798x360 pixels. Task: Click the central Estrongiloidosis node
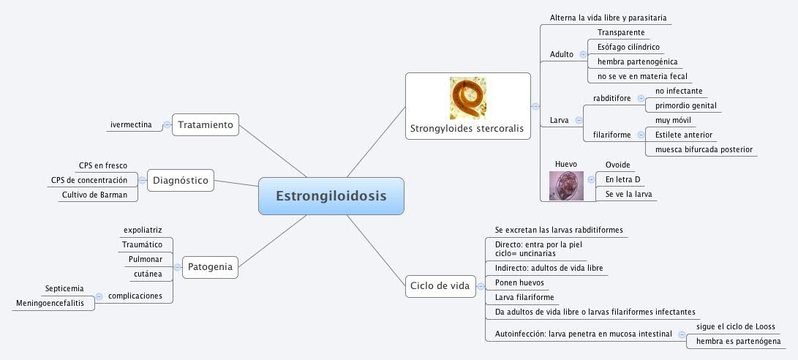pos(331,196)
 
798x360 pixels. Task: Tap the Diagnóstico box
pos(181,179)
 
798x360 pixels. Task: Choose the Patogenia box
pos(210,267)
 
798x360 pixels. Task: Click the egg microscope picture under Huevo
pos(566,186)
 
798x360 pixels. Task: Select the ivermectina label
pos(131,125)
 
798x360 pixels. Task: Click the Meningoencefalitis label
pos(50,303)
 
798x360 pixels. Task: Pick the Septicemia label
pos(64,288)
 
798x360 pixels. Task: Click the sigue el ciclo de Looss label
pos(735,326)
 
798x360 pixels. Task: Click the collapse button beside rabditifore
pos(641,98)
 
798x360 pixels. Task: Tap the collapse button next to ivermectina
pos(167,125)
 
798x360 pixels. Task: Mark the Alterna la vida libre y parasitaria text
pos(608,17)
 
